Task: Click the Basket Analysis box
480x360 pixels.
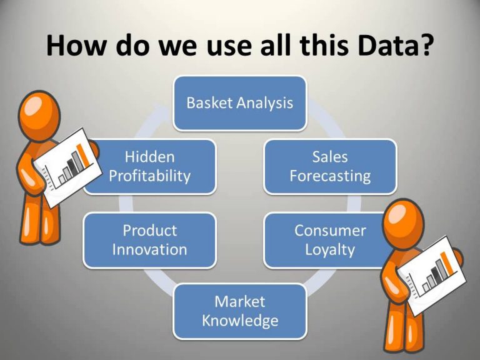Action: coord(240,103)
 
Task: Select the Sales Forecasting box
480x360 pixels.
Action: coord(330,167)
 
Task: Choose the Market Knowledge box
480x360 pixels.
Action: coord(240,312)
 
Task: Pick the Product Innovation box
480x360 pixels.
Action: coord(150,241)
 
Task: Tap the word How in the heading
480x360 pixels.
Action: coord(76,45)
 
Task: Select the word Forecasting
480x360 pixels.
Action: coord(330,177)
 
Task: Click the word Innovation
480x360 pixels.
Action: coord(150,249)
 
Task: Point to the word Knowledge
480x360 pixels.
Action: coord(240,321)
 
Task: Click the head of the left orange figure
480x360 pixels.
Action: coord(39,115)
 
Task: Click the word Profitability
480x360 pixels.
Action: coord(150,177)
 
